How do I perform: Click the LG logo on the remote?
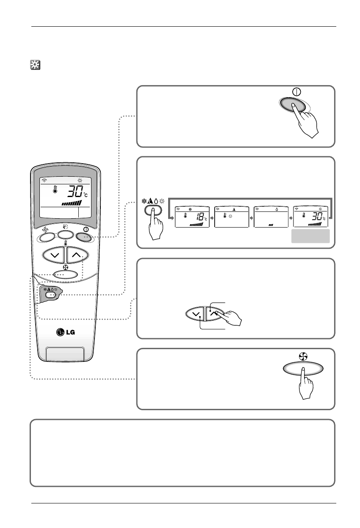pyautogui.click(x=66, y=331)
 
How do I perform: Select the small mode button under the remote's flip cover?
pyautogui.click(x=51, y=295)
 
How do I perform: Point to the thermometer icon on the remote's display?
pyautogui.click(x=55, y=190)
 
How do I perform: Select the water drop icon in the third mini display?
pyautogui.click(x=271, y=209)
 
